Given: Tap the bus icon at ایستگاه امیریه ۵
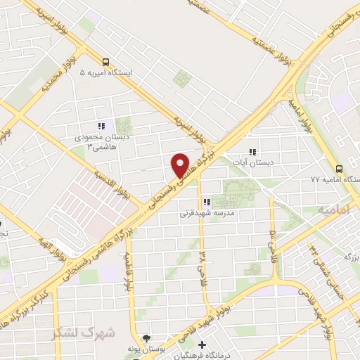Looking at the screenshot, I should [x=105, y=61].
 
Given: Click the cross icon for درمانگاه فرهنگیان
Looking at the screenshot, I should [x=202, y=345].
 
